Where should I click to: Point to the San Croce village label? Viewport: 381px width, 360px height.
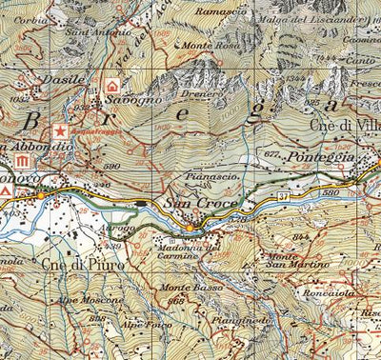coord(193,204)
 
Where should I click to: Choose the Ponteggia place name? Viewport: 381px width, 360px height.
coord(324,155)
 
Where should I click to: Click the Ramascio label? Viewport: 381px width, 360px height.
coord(221,10)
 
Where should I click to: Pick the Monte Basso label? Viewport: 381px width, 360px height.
coord(183,287)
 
